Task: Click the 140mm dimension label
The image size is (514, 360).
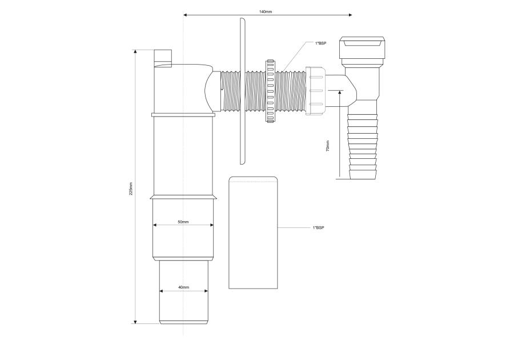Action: coord(266,12)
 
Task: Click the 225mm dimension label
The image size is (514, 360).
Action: coord(131,188)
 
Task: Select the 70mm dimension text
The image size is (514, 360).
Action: coord(327,146)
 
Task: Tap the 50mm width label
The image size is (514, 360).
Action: coord(183,222)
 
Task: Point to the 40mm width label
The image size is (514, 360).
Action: coord(183,287)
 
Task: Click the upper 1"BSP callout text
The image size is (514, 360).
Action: coord(320,43)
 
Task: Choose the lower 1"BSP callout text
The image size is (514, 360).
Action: coord(318,227)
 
